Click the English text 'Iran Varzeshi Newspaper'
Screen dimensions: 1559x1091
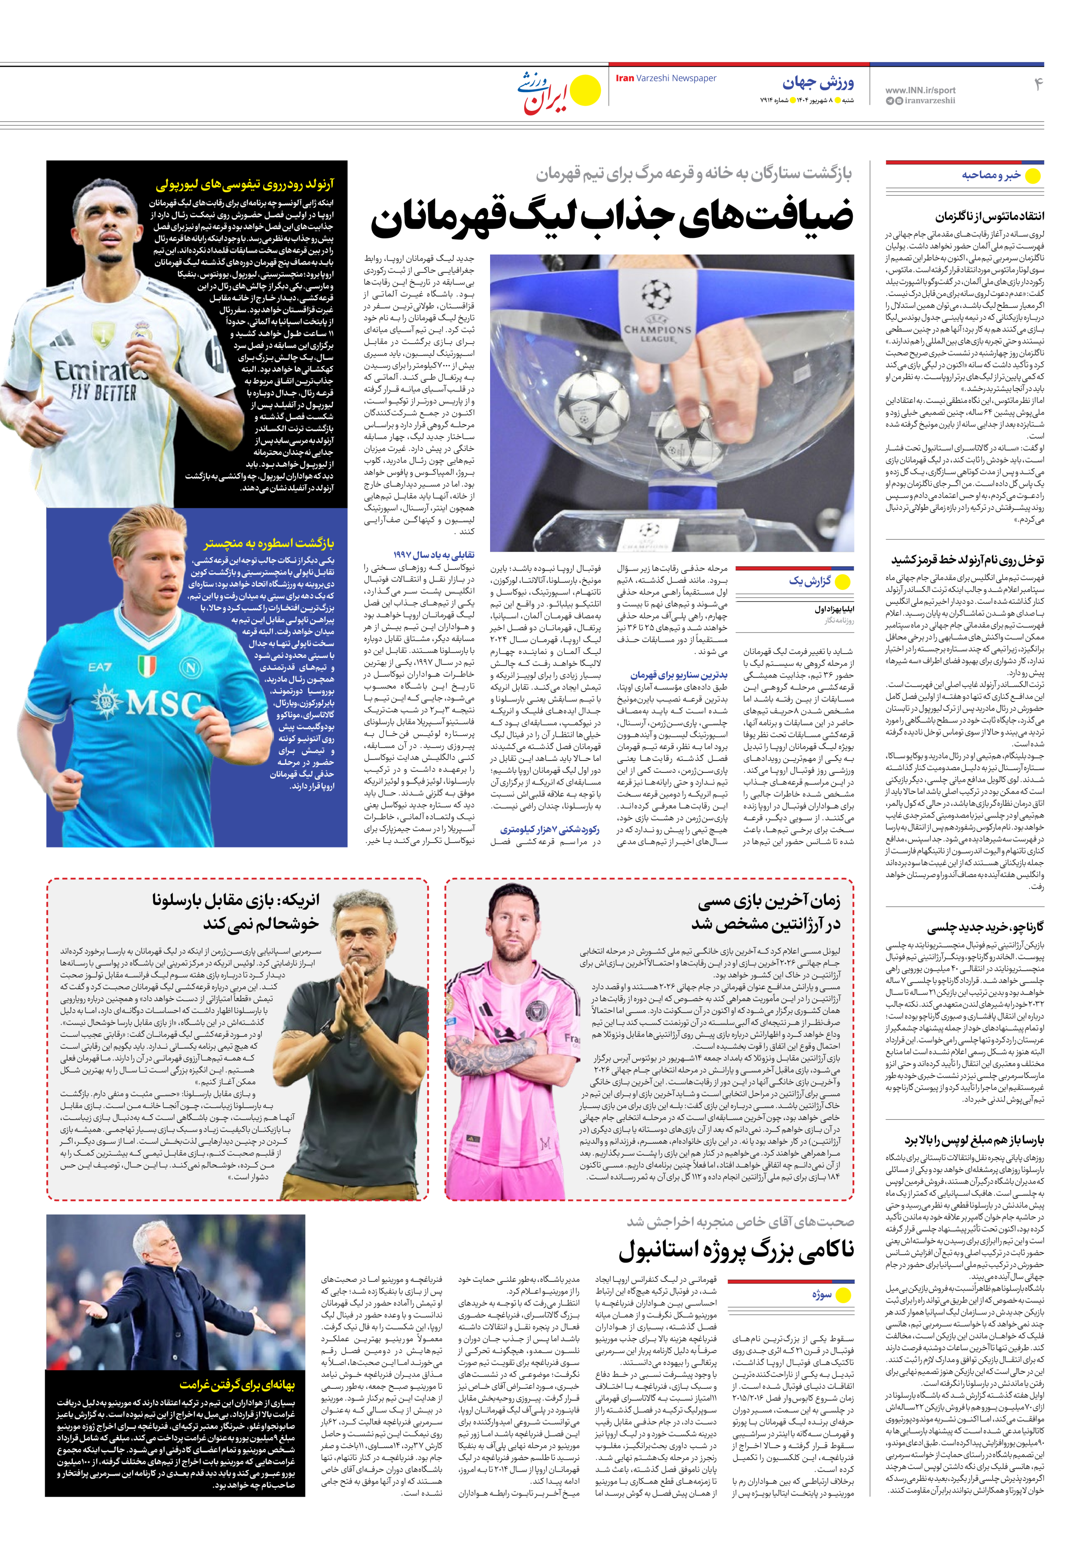tap(666, 78)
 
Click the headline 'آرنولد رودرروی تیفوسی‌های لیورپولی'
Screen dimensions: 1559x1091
tap(244, 184)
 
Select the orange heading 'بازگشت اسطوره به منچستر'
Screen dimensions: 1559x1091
tap(269, 543)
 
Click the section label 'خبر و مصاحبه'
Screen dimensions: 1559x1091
tap(991, 175)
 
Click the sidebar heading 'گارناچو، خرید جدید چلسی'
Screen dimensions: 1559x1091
tap(985, 928)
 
